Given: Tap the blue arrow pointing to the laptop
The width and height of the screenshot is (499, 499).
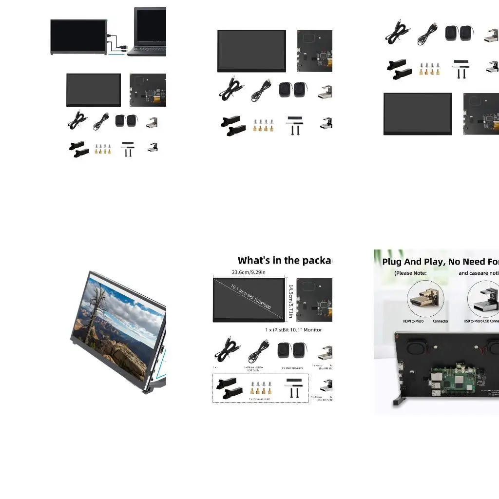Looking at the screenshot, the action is coord(116,55).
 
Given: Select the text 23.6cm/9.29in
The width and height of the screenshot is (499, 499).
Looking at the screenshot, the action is coord(249,272).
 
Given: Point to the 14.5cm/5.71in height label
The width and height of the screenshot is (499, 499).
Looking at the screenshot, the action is coord(291,301).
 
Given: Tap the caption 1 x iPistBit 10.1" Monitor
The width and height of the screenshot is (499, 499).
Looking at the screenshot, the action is coord(293,330).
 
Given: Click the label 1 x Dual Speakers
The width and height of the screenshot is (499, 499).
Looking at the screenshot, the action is coord(292,368).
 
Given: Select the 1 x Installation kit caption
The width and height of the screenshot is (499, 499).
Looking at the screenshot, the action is coord(260,399).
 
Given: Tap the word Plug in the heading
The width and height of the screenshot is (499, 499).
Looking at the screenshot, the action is coord(393,262).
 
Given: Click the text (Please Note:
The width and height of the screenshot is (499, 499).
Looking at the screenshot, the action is coord(410,273).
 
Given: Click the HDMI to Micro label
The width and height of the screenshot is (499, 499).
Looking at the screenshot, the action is coord(413,321).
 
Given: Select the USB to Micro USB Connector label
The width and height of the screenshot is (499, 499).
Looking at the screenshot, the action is coord(481,321).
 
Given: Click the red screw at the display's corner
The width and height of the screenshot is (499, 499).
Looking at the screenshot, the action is coord(398,336).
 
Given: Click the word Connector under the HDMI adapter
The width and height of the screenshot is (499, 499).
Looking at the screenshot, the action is coord(441,321).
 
